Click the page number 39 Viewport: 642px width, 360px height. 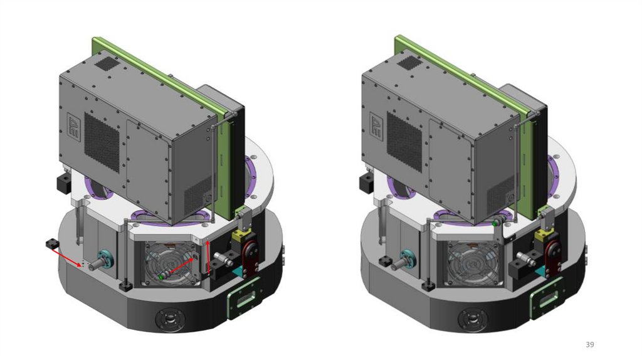[x=589, y=344]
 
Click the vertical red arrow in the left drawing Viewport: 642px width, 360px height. [x=208, y=258]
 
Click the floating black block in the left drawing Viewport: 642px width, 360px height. [x=53, y=244]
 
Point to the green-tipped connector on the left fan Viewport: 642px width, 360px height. [x=161, y=277]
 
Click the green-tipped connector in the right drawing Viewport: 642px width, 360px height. [x=495, y=224]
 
